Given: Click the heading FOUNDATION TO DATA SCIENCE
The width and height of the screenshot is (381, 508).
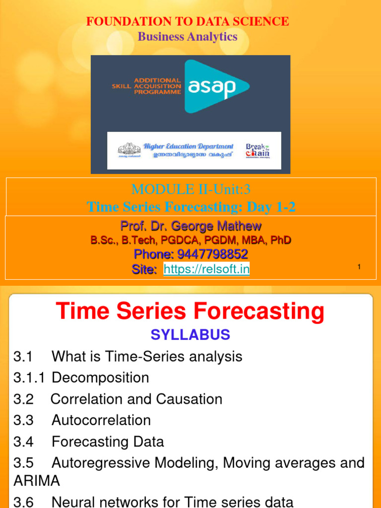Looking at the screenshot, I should tap(188, 21).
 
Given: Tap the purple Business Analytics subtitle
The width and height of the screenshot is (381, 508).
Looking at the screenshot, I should tap(188, 36).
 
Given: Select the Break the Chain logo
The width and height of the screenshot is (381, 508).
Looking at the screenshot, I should tap(258, 150).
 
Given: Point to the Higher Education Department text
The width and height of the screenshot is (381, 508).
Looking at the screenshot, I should tap(189, 146).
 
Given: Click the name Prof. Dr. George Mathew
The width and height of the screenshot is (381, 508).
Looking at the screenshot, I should tap(190, 226).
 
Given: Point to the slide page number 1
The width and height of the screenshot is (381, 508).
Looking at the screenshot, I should tap(359, 267).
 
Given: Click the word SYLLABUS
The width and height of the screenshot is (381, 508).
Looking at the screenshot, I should tap(190, 335).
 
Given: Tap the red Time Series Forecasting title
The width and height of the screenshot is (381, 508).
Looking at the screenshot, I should tap(190, 312).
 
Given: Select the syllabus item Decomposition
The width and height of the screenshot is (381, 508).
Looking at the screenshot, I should tap(100, 378).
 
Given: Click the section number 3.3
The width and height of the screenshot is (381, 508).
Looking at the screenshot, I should tap(23, 421).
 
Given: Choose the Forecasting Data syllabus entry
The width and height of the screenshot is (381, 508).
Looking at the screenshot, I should tap(108, 442).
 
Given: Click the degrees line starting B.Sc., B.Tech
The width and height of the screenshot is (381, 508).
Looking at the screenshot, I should tap(190, 240).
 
